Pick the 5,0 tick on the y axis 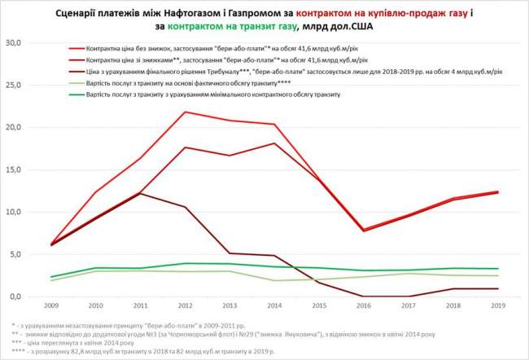[20, 254]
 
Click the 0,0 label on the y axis [20, 296]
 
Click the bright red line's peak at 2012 [186, 112]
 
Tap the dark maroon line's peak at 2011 [140, 193]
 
